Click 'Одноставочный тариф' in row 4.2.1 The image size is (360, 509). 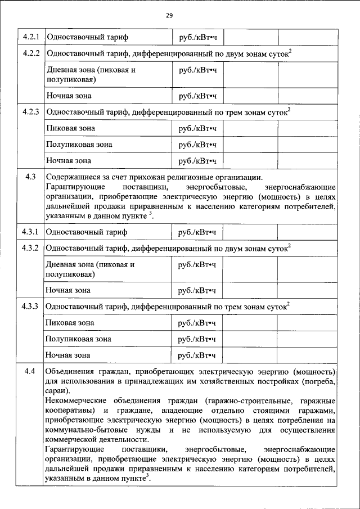[x=87, y=37]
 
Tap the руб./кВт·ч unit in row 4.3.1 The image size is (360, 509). [x=197, y=231]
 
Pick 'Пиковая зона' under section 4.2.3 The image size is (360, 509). [x=71, y=128]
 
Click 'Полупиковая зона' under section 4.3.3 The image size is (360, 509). [x=79, y=339]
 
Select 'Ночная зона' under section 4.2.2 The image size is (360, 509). [x=68, y=96]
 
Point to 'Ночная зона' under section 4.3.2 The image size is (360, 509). [x=68, y=290]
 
